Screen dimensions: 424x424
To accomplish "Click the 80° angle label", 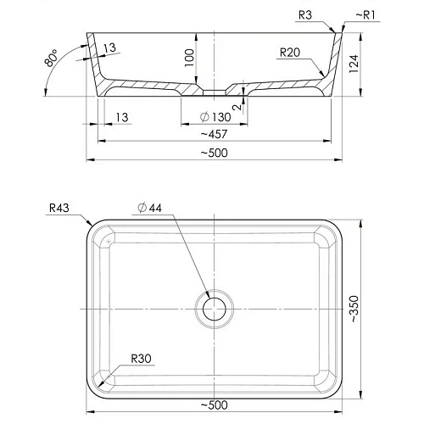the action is pyautogui.click(x=51, y=59).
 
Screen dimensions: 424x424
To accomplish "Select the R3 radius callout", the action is pyautogui.click(x=305, y=15).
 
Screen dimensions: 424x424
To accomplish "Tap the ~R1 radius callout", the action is pyautogui.click(x=365, y=15).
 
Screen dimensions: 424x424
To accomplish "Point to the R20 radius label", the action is pyautogui.click(x=290, y=53).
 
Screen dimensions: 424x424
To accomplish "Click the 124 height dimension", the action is pyautogui.click(x=354, y=64).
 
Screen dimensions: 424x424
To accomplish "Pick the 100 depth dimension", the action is pyautogui.click(x=189, y=58).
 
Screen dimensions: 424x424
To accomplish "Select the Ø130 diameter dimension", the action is pyautogui.click(x=215, y=117).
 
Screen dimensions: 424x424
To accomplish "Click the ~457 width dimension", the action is pyautogui.click(x=214, y=134).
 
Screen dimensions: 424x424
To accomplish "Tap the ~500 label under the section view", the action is pyautogui.click(x=215, y=153).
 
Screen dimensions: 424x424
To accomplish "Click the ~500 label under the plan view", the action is pyautogui.click(x=215, y=405).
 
